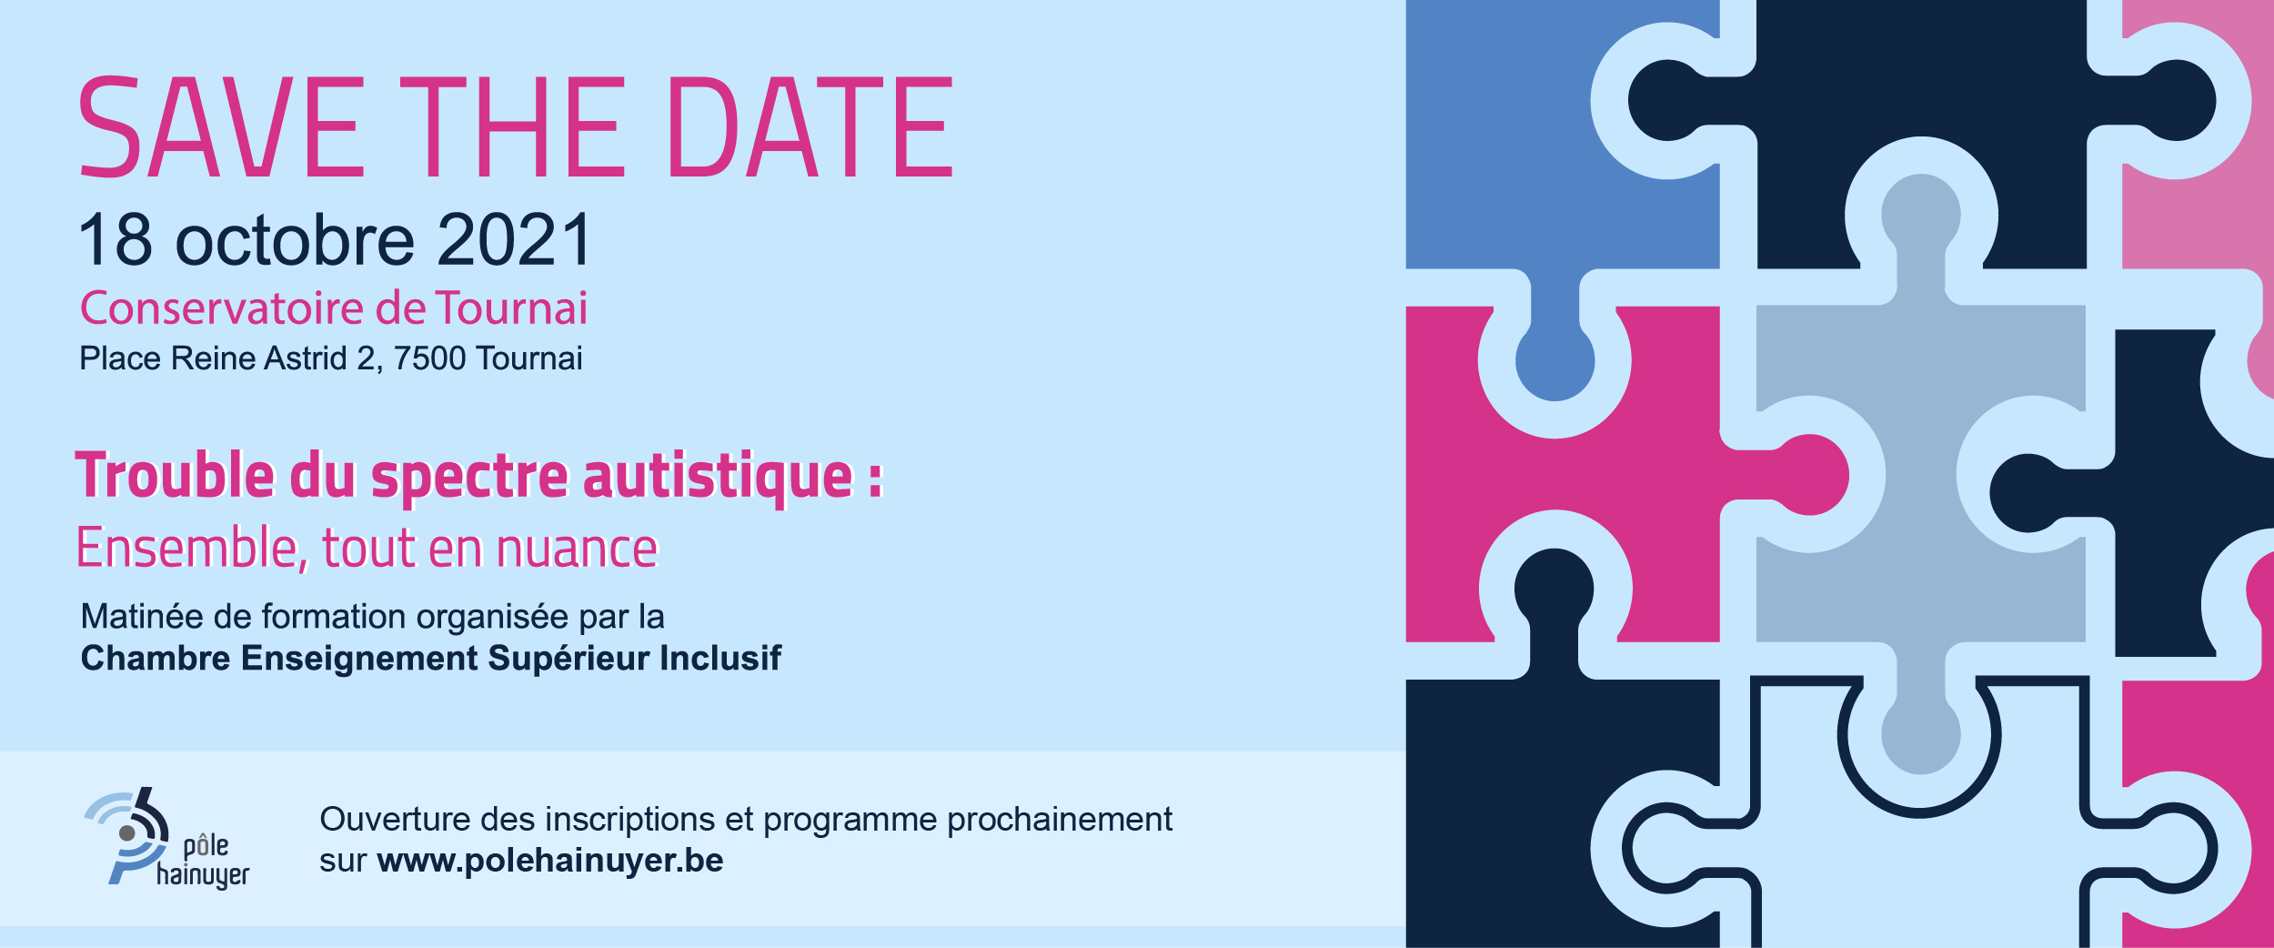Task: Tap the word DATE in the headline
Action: tap(810, 126)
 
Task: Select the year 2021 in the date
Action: tap(515, 239)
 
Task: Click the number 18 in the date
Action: tap(116, 239)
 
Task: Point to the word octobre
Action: tap(295, 239)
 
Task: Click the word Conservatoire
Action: tap(223, 308)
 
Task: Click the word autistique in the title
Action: tap(717, 478)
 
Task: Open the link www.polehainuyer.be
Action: tap(550, 861)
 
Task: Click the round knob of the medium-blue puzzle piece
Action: tap(1555, 361)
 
